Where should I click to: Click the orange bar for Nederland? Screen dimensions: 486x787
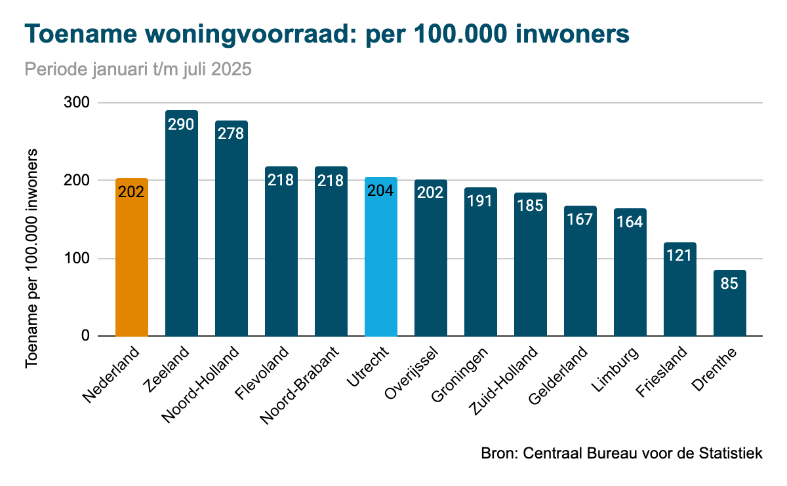click(x=132, y=262)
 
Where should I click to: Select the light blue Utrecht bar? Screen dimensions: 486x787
click(x=381, y=262)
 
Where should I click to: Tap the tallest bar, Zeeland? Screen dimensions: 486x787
click(x=182, y=229)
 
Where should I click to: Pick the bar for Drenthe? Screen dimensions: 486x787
click(x=730, y=308)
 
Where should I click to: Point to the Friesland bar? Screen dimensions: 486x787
click(x=680, y=295)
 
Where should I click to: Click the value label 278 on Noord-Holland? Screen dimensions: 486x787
click(x=231, y=134)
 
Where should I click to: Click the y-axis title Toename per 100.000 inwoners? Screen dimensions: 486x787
click(x=31, y=258)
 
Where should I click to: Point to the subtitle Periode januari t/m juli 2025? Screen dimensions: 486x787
click(x=138, y=69)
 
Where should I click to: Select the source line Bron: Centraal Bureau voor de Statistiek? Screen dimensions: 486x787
click(x=622, y=453)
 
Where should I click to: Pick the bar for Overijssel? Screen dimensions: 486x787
click(x=431, y=262)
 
